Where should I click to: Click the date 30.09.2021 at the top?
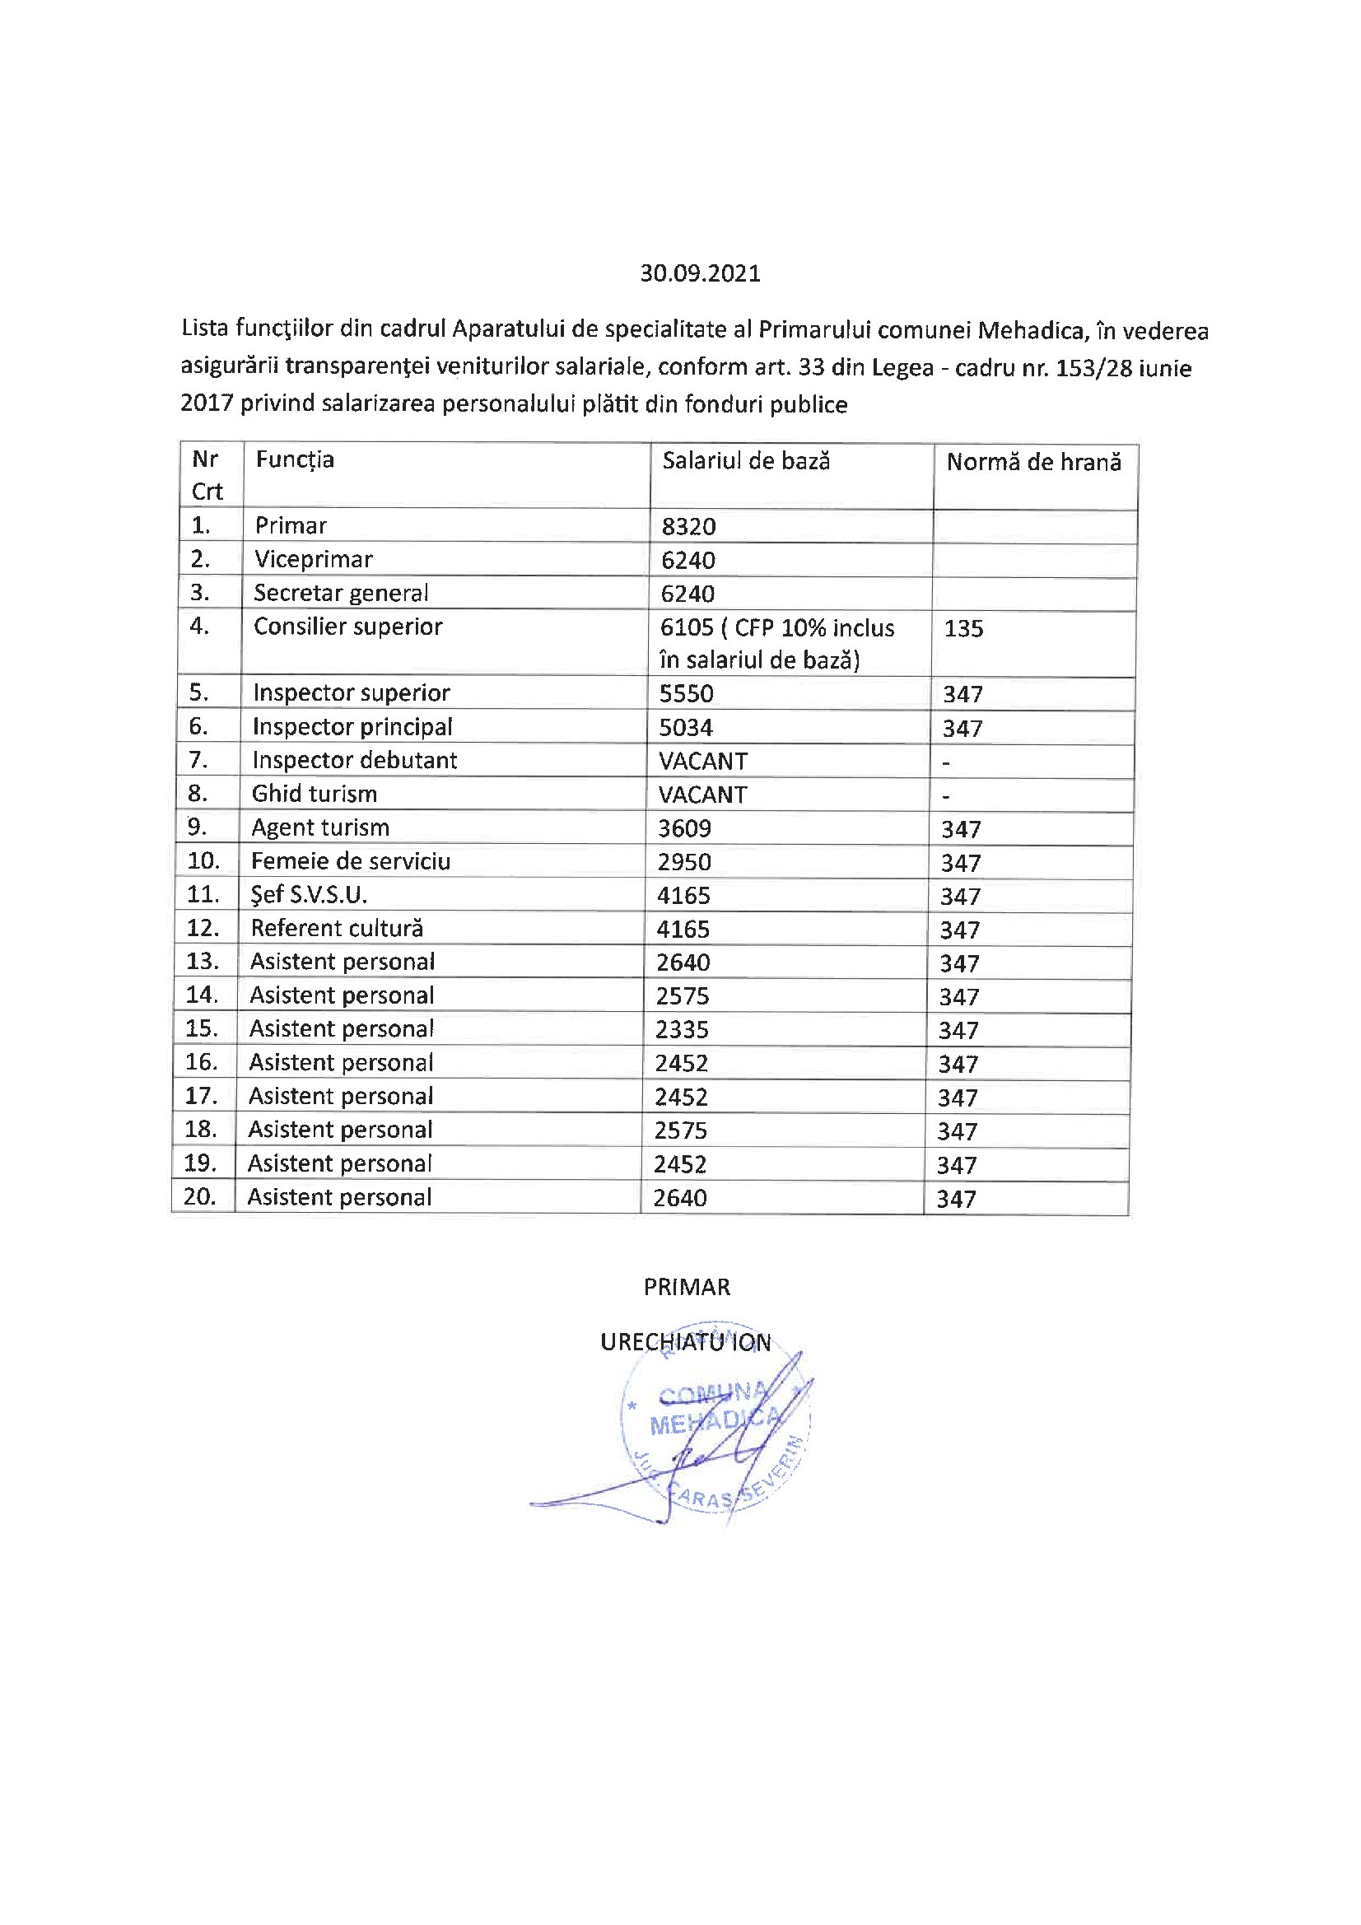[700, 274]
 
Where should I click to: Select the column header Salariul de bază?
[745, 460]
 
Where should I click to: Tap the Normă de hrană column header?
[1033, 462]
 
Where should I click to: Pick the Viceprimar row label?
[314, 559]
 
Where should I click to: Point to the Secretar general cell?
[341, 593]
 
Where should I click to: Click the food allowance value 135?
[962, 628]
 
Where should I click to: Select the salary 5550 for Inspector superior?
[686, 693]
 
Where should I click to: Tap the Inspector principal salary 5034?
[685, 728]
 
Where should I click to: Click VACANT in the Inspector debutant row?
[702, 762]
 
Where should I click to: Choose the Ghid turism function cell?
[315, 793]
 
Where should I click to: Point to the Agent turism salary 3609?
[684, 828]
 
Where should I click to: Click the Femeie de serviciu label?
[351, 861]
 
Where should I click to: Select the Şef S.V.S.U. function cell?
[309, 895]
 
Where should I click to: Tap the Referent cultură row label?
[336, 928]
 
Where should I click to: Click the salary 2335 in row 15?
[682, 1029]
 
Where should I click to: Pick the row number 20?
[199, 1196]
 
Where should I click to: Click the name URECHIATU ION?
[685, 1342]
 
